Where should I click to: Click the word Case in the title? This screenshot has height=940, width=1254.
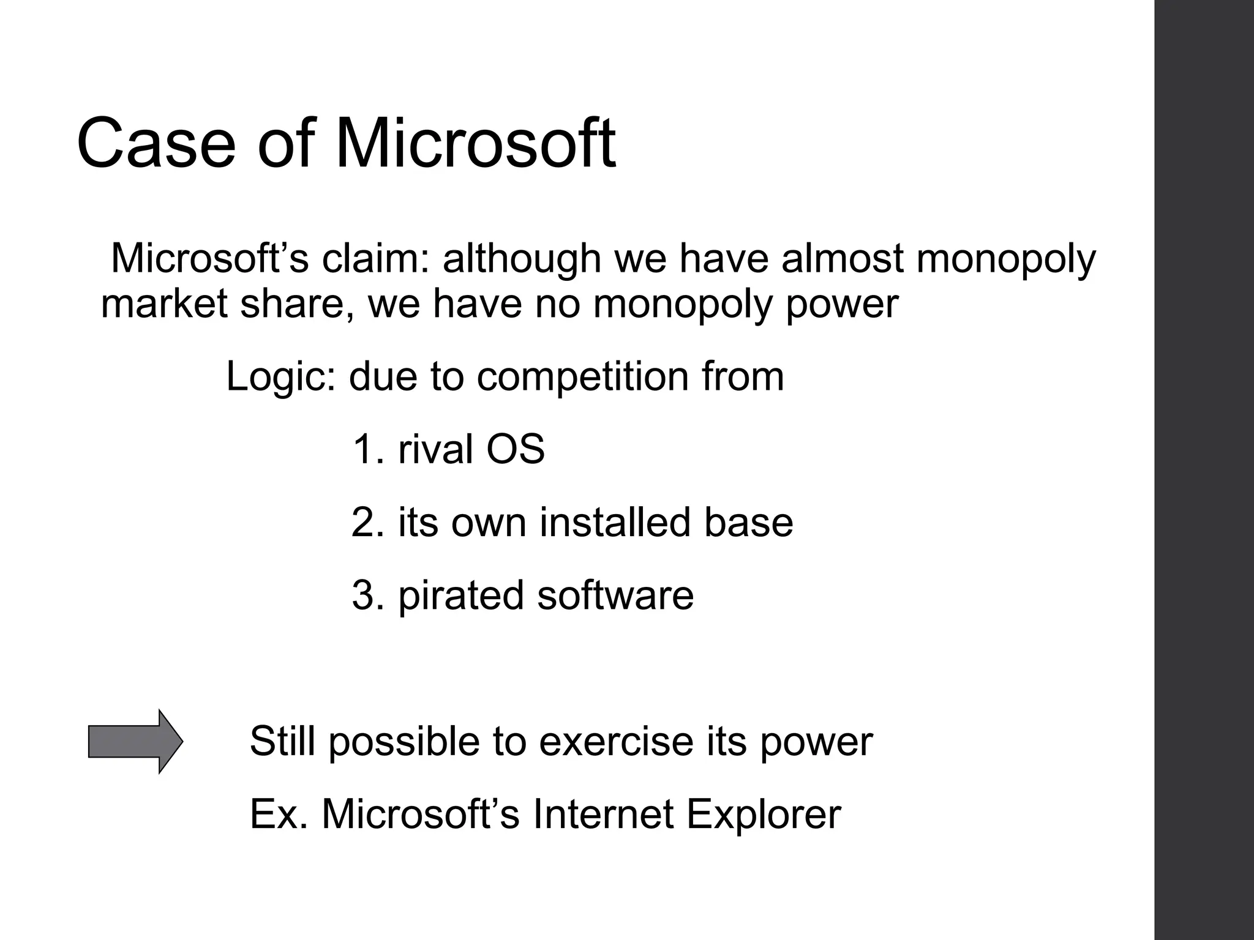(156, 144)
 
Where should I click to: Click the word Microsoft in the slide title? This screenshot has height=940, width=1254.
(475, 144)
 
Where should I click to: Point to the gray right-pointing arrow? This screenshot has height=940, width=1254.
(135, 741)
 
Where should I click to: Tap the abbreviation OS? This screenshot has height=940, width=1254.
(515, 449)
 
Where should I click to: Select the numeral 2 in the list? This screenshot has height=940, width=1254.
(366, 522)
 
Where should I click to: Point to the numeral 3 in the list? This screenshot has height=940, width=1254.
(366, 595)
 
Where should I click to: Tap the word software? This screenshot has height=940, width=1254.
(615, 595)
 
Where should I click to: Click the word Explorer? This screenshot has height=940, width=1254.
(764, 815)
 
